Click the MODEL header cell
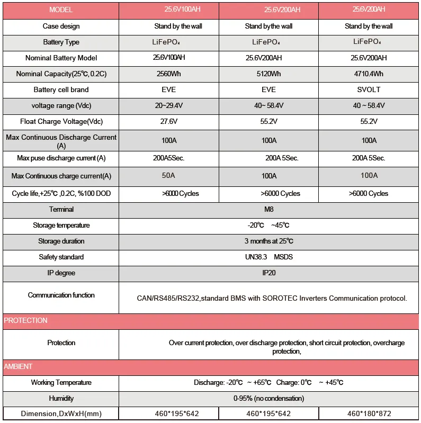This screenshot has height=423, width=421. [61, 10]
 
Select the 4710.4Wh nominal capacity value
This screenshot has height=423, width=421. [369, 74]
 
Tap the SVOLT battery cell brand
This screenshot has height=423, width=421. [369, 90]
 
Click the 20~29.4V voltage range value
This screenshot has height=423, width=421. [169, 106]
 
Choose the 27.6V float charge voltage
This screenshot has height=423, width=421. [169, 122]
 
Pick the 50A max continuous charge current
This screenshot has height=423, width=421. [169, 176]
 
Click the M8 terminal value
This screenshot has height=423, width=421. [268, 210]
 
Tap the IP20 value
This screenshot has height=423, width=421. [268, 273]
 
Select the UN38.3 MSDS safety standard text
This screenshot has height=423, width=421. [268, 257]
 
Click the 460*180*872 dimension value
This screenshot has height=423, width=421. [369, 413]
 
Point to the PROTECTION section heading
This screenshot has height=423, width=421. [26, 321]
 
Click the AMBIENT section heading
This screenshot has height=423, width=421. [19, 367]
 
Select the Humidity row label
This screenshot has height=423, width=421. [61, 398]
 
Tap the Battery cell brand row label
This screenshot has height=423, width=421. [61, 90]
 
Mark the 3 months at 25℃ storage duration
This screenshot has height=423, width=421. [268, 241]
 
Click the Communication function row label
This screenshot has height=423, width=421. [61, 295]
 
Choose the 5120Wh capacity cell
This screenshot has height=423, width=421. [268, 74]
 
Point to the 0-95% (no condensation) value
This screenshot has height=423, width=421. [268, 398]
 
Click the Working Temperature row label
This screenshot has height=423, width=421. [61, 383]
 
